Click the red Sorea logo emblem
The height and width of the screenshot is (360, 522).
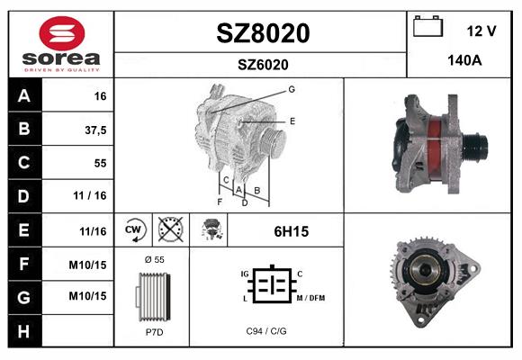(x=62, y=33)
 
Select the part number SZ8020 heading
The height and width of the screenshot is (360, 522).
(x=263, y=33)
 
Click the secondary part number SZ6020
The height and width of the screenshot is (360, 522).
(x=263, y=65)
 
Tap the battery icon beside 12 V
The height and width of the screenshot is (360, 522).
(x=427, y=26)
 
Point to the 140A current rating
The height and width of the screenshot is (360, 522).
(x=464, y=60)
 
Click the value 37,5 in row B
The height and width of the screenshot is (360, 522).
(x=95, y=130)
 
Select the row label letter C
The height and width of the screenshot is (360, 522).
(x=24, y=163)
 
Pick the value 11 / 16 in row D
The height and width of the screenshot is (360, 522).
(x=90, y=195)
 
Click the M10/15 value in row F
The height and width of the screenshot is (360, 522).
(x=87, y=265)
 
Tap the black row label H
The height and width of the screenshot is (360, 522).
(x=24, y=331)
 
